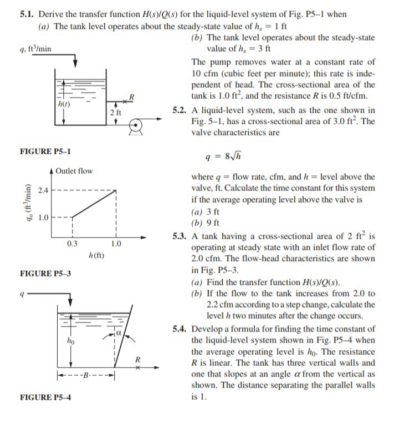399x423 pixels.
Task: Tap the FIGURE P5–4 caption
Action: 45,397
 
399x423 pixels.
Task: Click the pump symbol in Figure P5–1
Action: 136,127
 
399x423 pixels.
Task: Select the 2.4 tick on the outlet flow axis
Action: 43,190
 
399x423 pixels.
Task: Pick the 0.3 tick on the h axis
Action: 72,244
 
